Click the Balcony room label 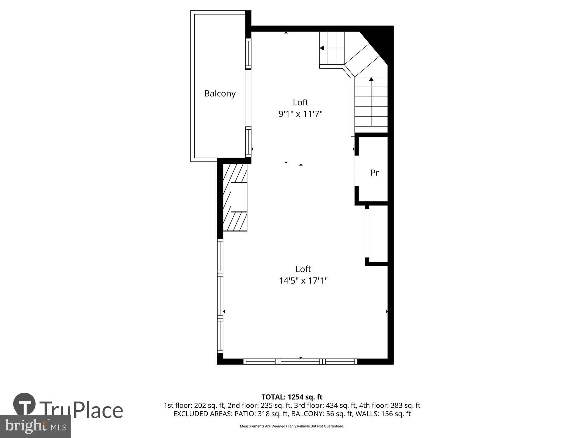tap(220, 94)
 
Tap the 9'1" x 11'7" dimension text tap(300, 114)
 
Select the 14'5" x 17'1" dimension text tap(303, 281)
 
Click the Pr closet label tap(375, 173)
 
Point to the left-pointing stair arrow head tap(321, 48)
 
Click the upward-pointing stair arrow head tap(371, 79)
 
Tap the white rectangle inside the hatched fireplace tap(239, 197)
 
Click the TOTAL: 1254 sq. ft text tap(292, 397)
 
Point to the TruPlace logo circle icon tap(25, 404)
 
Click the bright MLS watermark tap(36, 426)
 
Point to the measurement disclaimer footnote tap(292, 426)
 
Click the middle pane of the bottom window tap(300, 361)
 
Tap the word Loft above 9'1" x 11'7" tap(300, 102)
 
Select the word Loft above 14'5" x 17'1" tap(303, 269)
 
